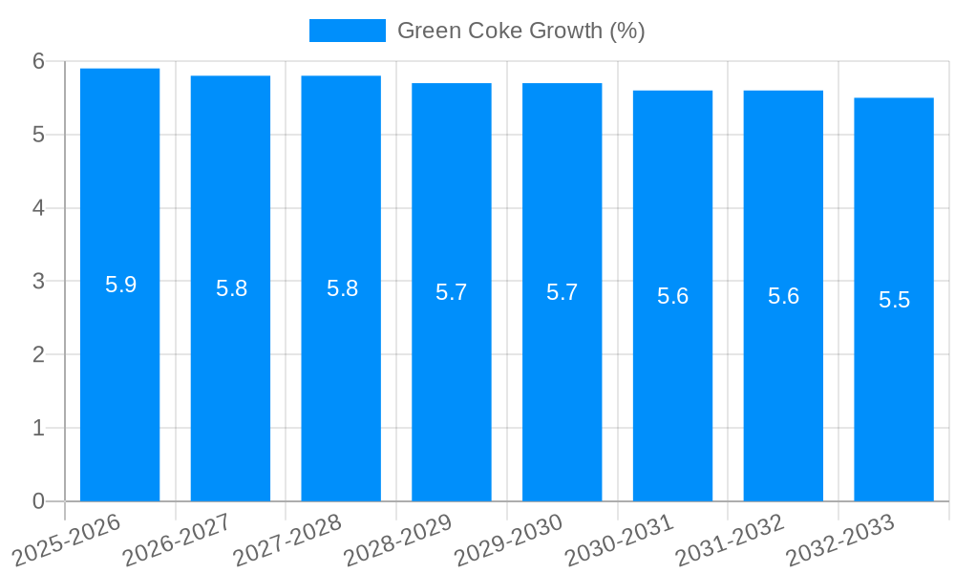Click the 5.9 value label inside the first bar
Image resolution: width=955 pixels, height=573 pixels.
120,285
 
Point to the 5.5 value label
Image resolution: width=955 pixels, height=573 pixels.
894,300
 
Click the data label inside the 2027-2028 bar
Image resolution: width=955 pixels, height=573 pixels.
342,288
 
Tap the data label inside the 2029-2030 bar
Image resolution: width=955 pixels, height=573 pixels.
562,292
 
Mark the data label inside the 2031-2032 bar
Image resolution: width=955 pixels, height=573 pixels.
783,296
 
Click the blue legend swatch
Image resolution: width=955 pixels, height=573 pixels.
347,31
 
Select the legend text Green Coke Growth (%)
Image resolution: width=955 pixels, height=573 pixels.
520,31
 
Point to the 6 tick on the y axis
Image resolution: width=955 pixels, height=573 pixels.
38,61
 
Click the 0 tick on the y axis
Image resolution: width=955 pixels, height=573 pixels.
38,501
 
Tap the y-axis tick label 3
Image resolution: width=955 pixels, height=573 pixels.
38,282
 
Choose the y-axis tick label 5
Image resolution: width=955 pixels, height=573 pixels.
38,135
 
